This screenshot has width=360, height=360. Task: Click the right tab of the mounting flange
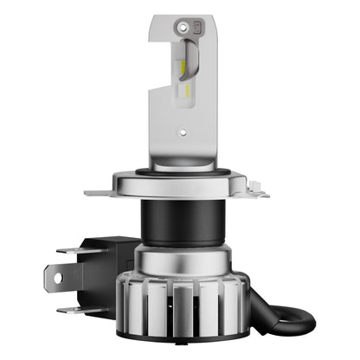pos(258,190)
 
